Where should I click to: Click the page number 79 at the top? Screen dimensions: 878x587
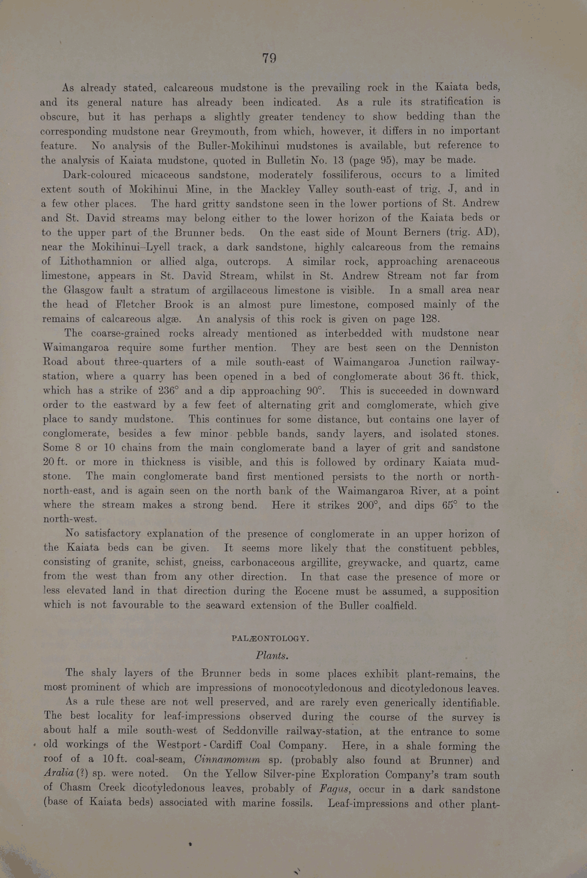point(269,58)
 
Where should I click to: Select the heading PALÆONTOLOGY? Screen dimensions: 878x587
point(270,638)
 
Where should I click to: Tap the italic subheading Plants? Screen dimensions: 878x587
point(272,656)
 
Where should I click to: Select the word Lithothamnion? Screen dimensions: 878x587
point(96,261)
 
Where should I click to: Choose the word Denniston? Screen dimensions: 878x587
point(474,347)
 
